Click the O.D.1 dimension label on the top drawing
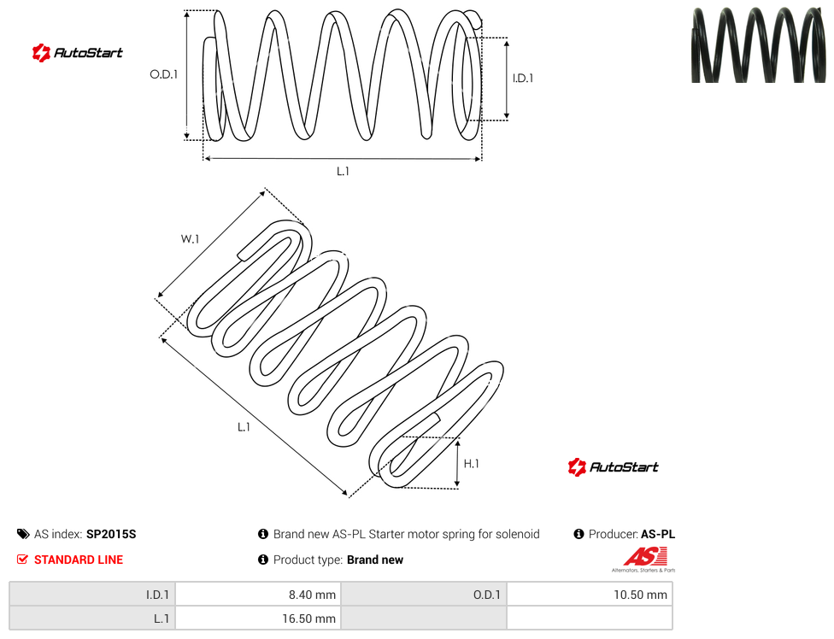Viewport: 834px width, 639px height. [163, 74]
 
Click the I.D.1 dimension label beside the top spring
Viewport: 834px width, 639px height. [522, 78]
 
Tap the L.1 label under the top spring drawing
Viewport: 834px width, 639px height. [343, 171]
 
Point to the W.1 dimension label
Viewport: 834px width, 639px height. [190, 239]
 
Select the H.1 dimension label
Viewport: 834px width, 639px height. [471, 464]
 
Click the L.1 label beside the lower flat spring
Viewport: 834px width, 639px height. [244, 427]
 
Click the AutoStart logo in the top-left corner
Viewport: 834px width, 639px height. [77, 53]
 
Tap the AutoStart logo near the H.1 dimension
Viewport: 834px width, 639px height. [613, 466]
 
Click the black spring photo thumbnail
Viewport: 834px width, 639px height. [759, 44]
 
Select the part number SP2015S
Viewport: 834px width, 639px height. [111, 534]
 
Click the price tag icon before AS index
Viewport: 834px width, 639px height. [23, 534]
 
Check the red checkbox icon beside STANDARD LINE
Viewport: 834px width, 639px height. [22, 560]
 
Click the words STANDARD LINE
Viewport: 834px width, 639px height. [79, 560]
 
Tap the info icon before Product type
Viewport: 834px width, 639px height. [262, 560]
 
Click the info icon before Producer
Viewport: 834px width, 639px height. [579, 534]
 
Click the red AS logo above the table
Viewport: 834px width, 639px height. [644, 560]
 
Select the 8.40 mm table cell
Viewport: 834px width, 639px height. [258, 595]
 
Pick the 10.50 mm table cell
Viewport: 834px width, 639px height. [590, 595]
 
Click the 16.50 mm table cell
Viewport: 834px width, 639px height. [258, 618]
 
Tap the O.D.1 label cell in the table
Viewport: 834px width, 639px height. [424, 595]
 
